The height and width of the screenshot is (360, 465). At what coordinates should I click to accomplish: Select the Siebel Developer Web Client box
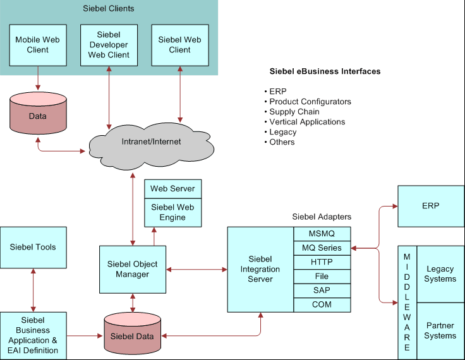109,45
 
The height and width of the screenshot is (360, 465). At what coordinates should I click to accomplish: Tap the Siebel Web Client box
180,45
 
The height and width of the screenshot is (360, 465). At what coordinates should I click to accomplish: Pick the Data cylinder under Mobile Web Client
38,116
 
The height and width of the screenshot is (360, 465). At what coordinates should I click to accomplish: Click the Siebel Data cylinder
132,335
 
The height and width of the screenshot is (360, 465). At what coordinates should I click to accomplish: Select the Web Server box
173,189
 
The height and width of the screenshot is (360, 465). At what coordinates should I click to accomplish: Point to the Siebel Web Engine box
173,212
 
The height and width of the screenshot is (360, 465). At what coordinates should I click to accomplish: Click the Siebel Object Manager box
133,269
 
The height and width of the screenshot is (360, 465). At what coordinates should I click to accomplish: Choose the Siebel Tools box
33,247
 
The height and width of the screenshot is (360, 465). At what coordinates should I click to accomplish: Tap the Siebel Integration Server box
261,269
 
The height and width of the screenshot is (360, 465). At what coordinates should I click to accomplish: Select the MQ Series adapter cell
322,248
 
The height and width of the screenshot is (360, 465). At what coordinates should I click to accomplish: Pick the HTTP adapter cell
322,262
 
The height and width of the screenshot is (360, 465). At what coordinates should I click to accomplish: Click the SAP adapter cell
322,291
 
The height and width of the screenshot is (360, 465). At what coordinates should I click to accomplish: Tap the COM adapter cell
322,304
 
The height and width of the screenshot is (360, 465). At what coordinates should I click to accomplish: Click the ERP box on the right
431,206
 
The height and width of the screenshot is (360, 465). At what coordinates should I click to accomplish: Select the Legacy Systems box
440,274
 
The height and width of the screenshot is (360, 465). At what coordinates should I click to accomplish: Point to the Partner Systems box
440,331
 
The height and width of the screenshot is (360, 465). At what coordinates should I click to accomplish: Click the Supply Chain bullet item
294,112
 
